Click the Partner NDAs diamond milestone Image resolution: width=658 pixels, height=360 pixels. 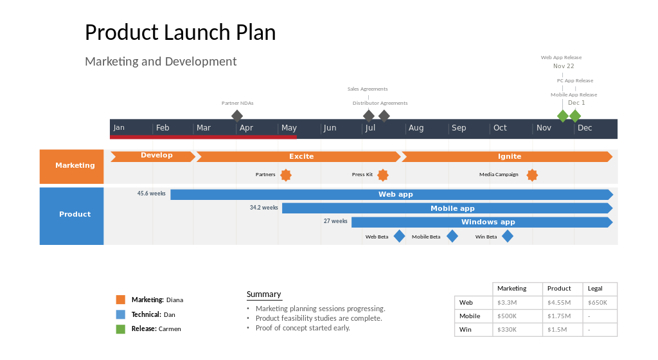pos(237,116)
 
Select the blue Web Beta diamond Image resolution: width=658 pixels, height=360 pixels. pos(399,236)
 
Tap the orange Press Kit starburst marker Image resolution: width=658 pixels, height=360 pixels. pos(383,175)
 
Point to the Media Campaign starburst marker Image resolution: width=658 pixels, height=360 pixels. pos(532,175)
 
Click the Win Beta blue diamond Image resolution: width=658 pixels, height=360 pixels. pos(508,236)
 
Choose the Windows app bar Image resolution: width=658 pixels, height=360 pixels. pos(482,222)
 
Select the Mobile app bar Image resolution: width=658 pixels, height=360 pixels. pos(447,208)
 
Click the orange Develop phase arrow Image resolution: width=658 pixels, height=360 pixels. pos(153,156)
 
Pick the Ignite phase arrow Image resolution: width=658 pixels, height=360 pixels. pos(508,156)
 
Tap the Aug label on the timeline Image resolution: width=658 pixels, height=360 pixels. pos(416,128)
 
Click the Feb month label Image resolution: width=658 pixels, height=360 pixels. pos(163,128)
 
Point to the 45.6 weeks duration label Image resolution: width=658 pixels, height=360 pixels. pos(152,194)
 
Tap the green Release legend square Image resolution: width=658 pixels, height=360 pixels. pos(120,329)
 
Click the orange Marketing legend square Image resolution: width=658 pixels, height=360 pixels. pos(120,300)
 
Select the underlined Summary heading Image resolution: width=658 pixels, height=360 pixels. pos(264,294)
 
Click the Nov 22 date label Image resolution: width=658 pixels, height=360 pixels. pos(564,66)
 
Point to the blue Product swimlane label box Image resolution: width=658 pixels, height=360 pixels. pos(72,216)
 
